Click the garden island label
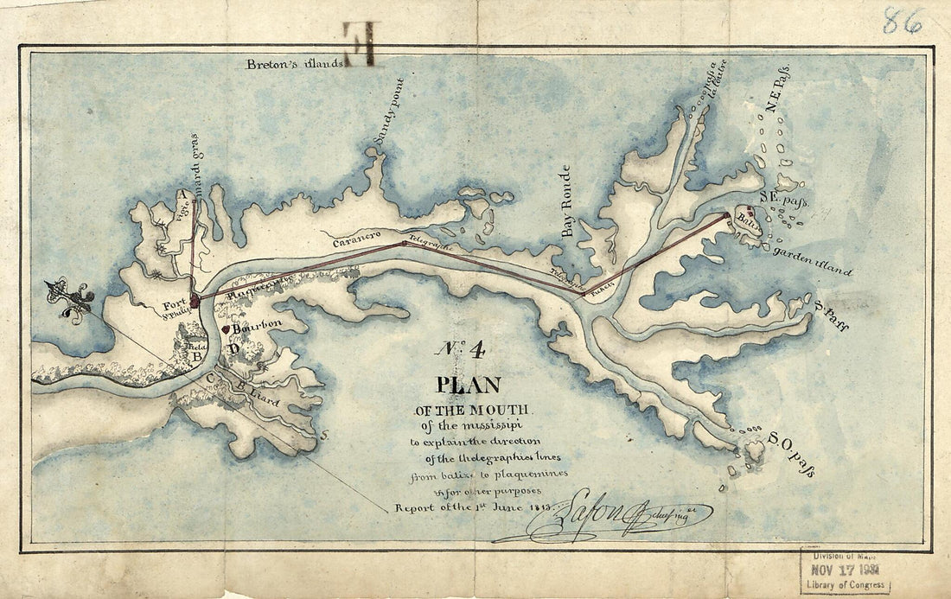coord(812,261)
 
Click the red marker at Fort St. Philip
coord(195,300)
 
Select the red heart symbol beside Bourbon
coord(227,328)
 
